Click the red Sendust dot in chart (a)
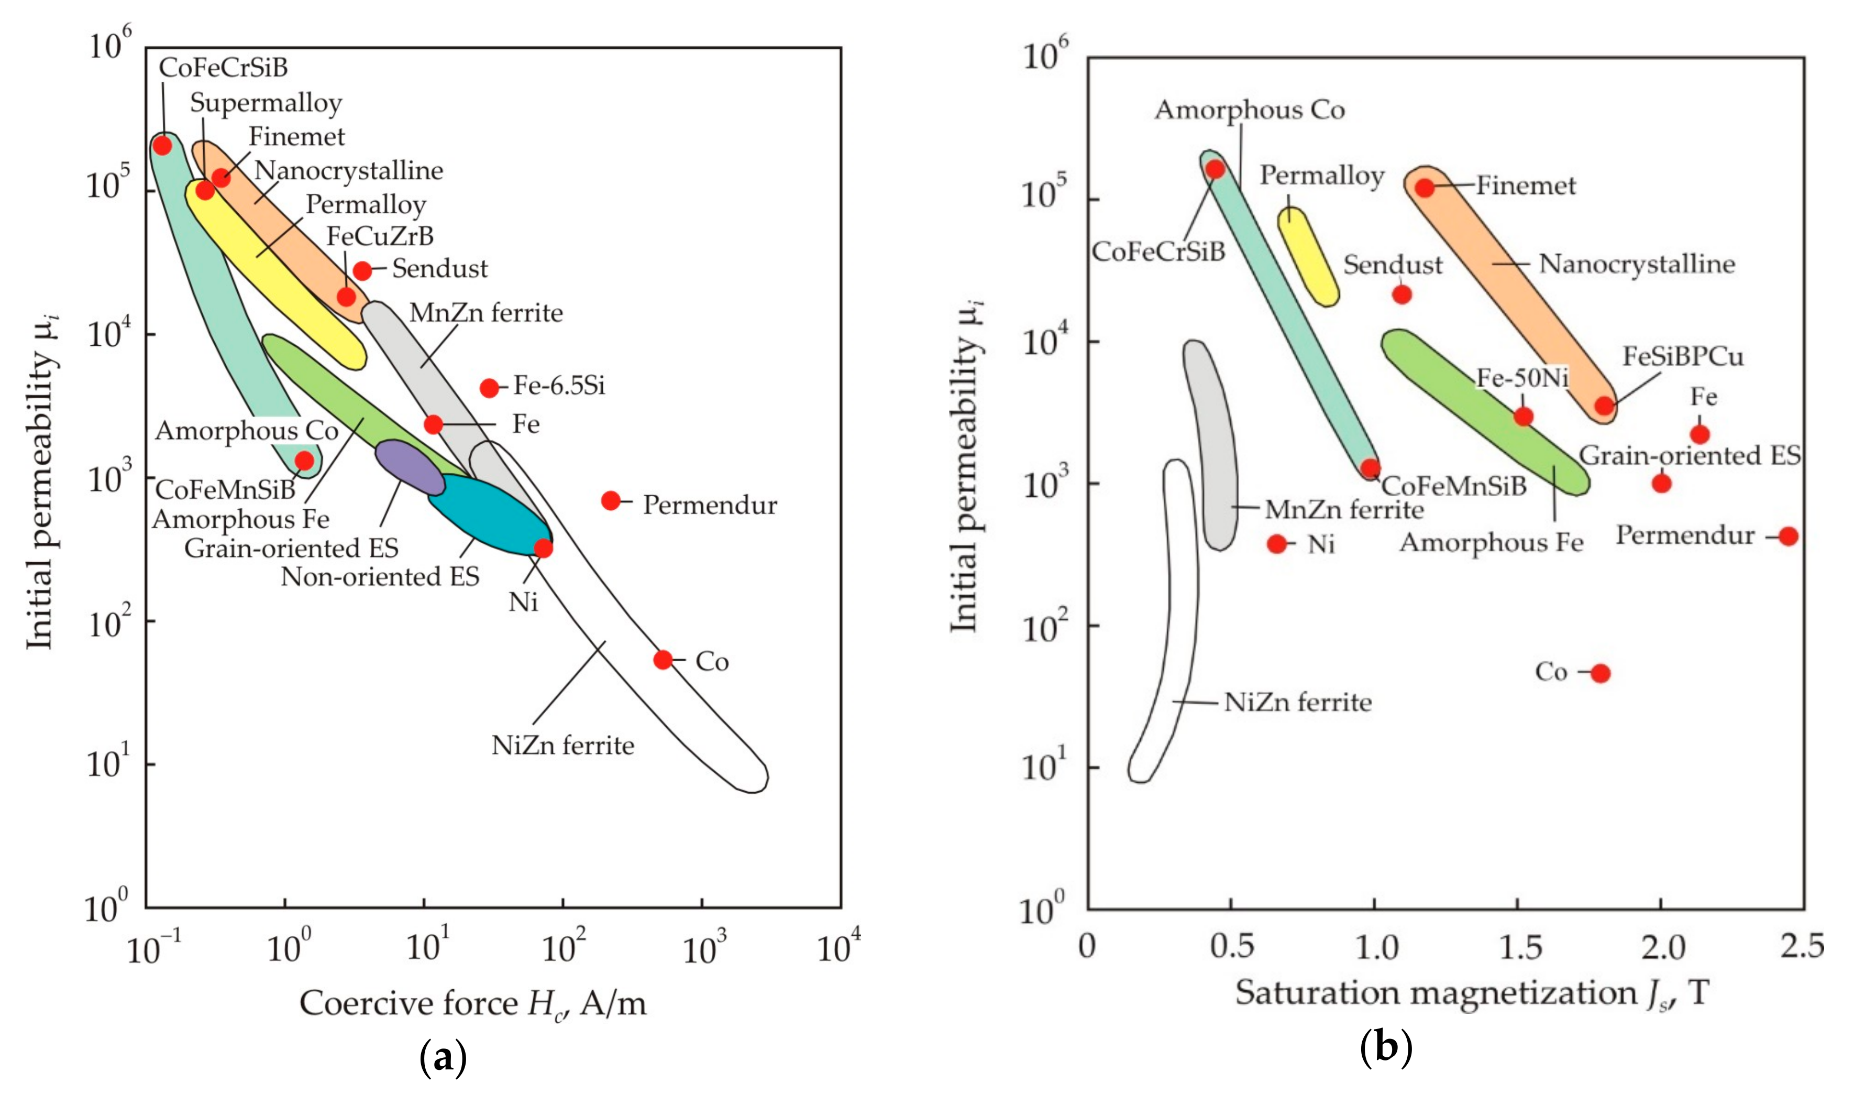click(362, 270)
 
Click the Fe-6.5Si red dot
click(489, 388)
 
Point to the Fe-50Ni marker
click(1523, 417)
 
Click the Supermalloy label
click(266, 103)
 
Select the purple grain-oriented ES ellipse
click(410, 467)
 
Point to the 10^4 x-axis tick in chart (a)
click(838, 948)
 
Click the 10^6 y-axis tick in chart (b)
click(1045, 56)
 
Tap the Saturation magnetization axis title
click(1471, 993)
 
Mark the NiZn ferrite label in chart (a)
click(562, 745)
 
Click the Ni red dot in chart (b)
click(1277, 544)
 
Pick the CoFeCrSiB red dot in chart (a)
click(162, 145)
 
